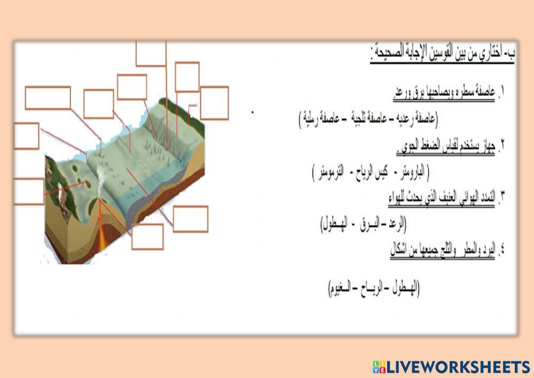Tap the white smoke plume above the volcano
point(100,176)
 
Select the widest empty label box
point(48,98)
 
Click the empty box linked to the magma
point(147,237)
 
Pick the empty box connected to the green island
point(28,191)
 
